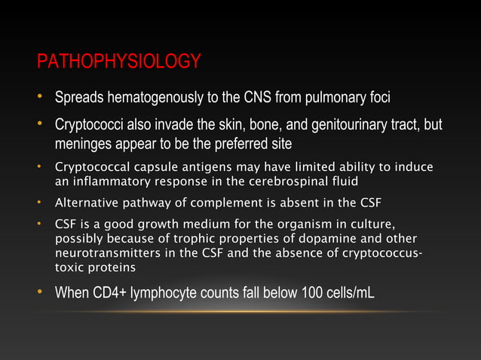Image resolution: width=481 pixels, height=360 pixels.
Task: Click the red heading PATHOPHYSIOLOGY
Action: click(118, 61)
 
